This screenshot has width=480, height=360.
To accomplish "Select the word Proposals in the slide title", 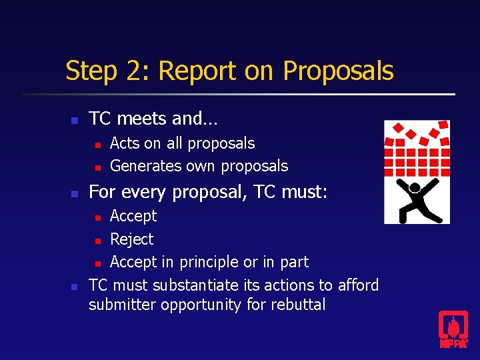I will (338, 71).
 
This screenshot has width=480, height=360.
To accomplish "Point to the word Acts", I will (125, 143).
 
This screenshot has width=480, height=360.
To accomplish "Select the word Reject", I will (131, 239).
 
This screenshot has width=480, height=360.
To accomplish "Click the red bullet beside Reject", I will (97, 240).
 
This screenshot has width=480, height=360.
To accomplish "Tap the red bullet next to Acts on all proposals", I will (97, 144).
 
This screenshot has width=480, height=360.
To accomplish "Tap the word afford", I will (357, 285).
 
